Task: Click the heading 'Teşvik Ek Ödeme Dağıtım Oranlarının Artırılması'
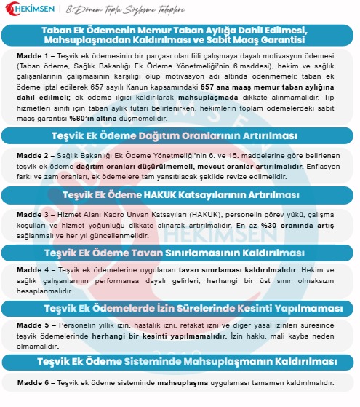click(x=180, y=137)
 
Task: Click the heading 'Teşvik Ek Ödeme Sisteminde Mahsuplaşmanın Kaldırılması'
click(x=180, y=362)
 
